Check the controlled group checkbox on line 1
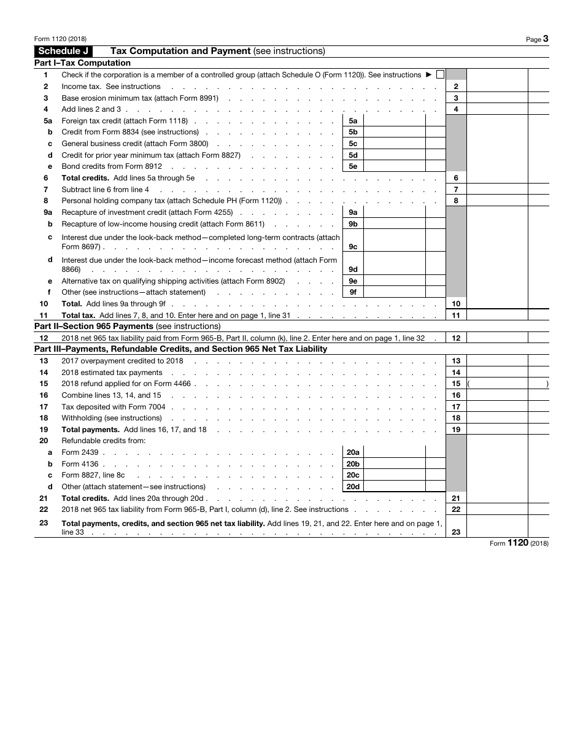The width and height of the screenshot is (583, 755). coord(440,75)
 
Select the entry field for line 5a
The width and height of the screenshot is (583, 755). coord(395,121)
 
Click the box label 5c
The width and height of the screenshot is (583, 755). coord(353,144)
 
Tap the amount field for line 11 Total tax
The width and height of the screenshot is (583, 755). coord(496,316)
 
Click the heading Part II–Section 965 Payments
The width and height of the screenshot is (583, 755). coord(127,327)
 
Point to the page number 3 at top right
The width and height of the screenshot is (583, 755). coord(545,39)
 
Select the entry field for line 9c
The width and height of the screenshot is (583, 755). coord(395,241)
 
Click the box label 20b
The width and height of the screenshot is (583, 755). coord(353,464)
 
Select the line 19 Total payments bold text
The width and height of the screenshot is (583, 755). coord(90,430)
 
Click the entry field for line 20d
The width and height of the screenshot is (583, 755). coord(395,487)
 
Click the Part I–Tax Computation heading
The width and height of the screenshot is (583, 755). coord(82,63)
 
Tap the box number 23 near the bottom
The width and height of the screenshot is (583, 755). coord(456,532)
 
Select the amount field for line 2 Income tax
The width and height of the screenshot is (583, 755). coord(496,87)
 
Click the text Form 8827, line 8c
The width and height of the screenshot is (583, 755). coord(93,475)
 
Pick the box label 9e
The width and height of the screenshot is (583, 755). coord(353,281)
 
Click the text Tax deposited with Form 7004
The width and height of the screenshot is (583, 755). coord(114,407)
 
